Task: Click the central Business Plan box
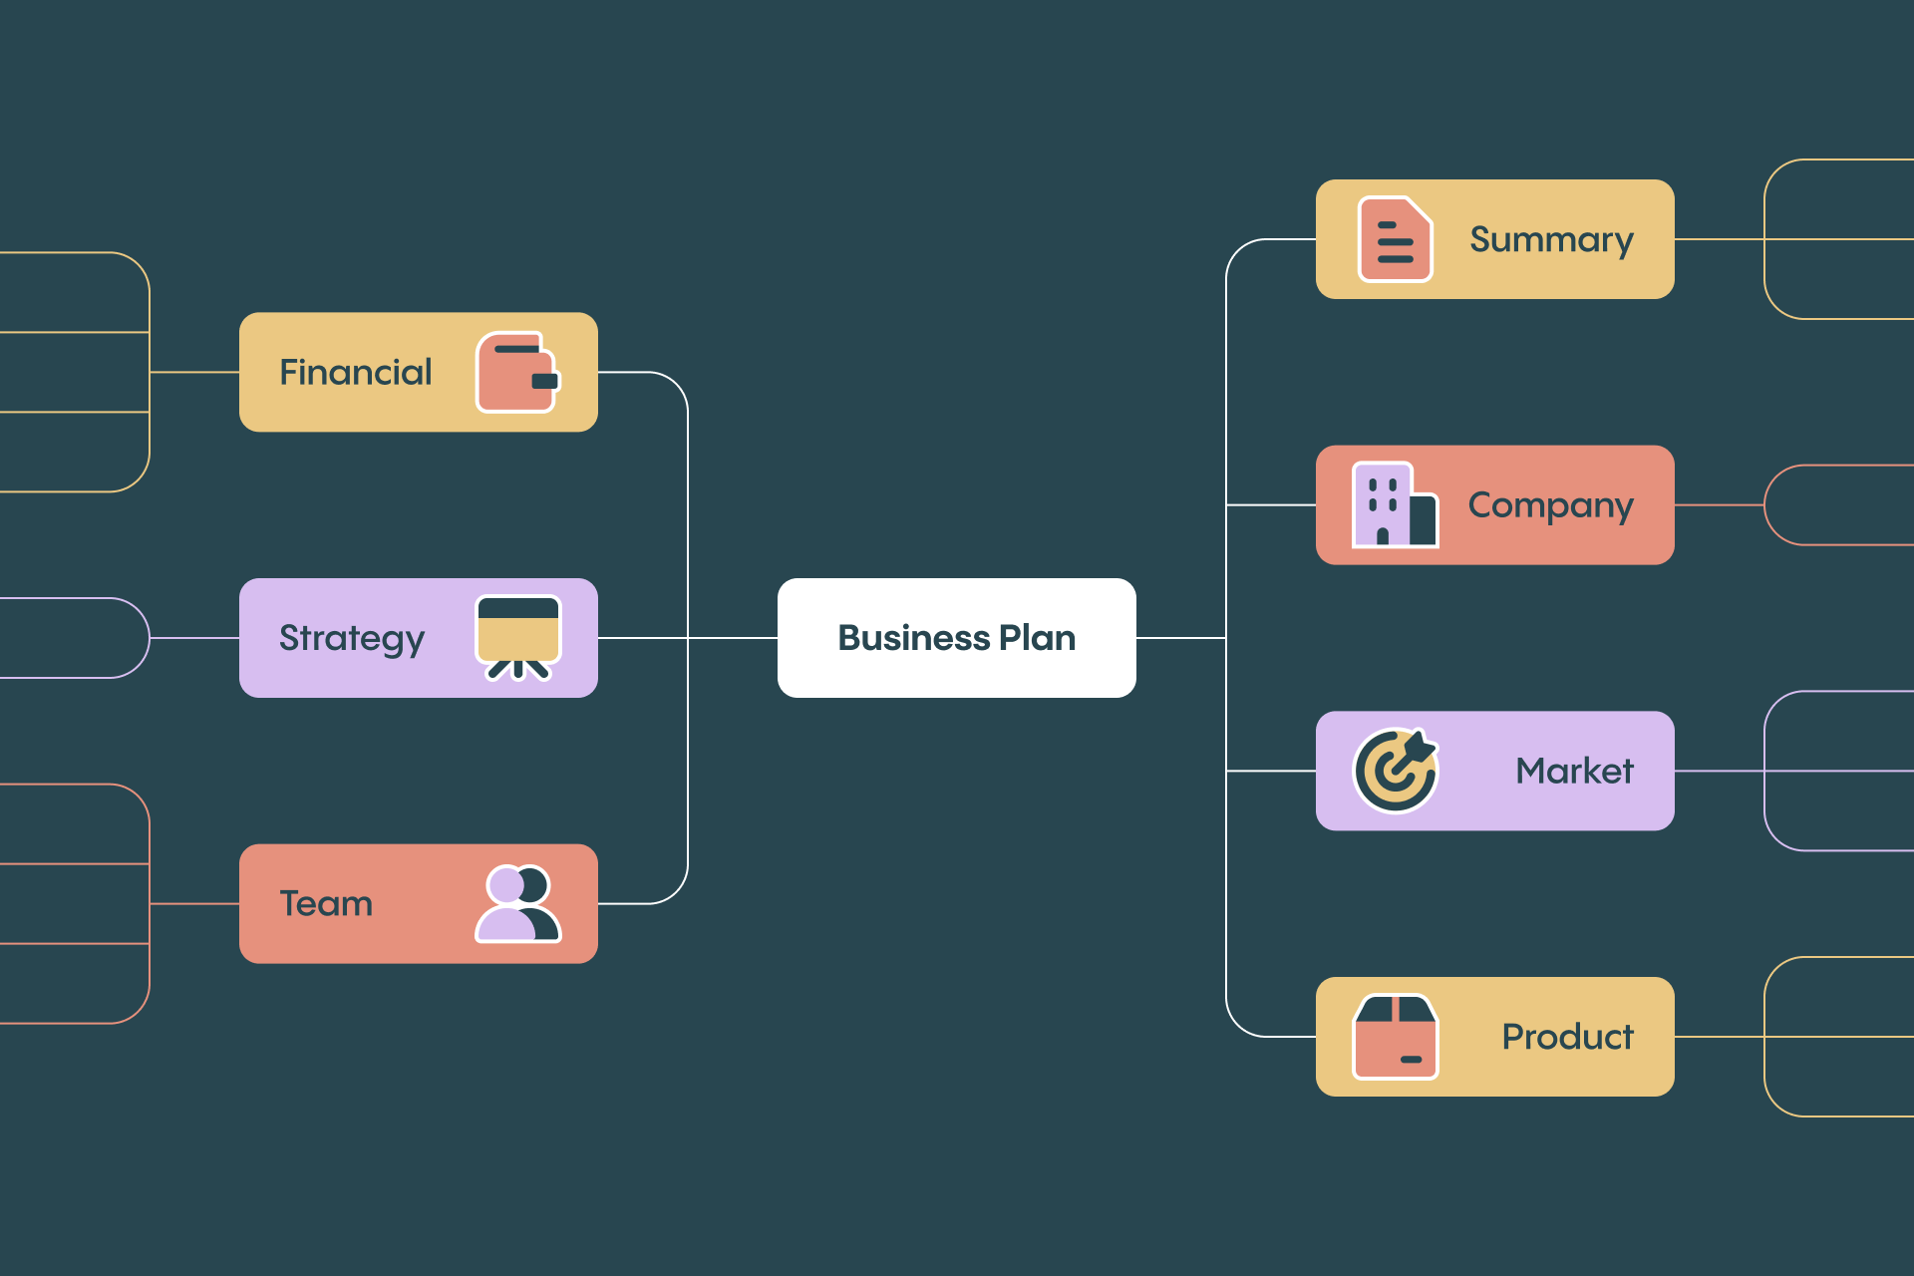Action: (x=956, y=638)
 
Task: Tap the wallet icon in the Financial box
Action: (x=517, y=372)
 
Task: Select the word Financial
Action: (x=355, y=372)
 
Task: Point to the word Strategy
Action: (x=352, y=639)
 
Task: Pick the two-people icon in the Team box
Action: (x=518, y=903)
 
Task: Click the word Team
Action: (x=326, y=903)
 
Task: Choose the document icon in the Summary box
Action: (x=1395, y=239)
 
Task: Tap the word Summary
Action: (x=1551, y=240)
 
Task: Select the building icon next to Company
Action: (x=1394, y=504)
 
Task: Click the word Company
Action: (x=1550, y=506)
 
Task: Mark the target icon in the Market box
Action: (x=1395, y=771)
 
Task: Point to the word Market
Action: (x=1574, y=771)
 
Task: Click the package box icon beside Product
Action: (x=1395, y=1037)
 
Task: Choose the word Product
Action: (x=1567, y=1037)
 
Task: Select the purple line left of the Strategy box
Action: (x=194, y=638)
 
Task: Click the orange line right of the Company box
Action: (x=1720, y=505)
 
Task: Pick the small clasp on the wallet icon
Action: (x=545, y=381)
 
